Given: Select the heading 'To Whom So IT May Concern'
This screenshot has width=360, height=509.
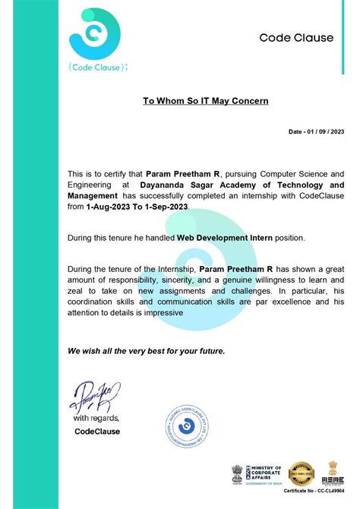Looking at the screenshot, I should point(206,100).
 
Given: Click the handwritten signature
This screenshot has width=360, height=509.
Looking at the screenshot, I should point(92,395).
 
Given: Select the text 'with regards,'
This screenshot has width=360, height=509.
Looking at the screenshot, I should point(96,418).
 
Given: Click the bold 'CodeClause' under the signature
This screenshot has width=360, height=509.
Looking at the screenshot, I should point(97,432).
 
